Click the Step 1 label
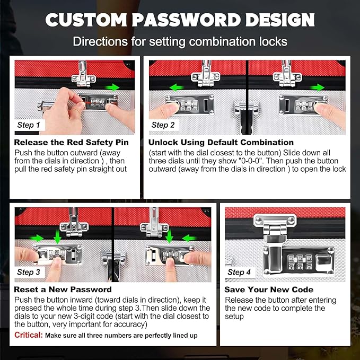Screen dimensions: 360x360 [29, 125]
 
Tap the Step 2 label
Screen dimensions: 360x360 [163, 125]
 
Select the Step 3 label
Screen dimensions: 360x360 [29, 272]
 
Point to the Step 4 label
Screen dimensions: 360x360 [239, 272]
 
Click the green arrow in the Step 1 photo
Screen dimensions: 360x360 [112, 87]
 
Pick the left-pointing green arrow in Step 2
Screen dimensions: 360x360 [177, 87]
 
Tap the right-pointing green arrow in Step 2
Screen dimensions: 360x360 [317, 87]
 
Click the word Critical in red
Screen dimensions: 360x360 [29, 335]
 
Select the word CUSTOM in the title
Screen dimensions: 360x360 [86, 20]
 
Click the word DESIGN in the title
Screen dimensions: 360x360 [280, 20]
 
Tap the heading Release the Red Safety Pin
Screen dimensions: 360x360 [71, 142]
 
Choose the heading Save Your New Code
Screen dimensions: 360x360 [269, 289]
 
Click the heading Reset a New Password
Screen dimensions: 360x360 [63, 289]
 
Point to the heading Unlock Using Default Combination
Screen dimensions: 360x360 [221, 142]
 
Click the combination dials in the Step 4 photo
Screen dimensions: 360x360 [300, 262]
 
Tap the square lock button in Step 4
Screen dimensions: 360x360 [323, 262]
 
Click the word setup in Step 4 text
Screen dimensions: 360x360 [234, 317]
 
